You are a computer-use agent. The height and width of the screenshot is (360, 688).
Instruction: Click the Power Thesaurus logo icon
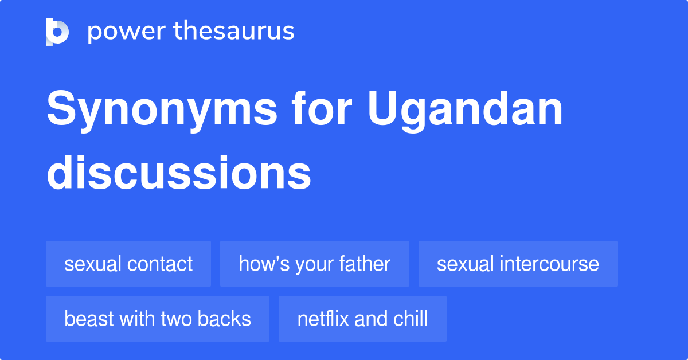pos(57,32)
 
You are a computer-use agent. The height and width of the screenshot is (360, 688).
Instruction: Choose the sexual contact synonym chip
pos(128,264)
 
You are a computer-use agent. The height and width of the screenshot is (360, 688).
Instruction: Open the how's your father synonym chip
pos(314,264)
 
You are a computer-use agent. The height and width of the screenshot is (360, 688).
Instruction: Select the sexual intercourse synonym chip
pos(518,264)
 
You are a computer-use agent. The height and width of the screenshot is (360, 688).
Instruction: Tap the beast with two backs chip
pos(158,319)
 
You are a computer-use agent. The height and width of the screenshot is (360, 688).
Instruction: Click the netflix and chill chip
pos(362,319)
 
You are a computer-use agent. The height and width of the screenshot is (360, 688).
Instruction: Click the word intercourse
pos(550,264)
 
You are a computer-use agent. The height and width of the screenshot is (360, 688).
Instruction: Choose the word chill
pos(411,319)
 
